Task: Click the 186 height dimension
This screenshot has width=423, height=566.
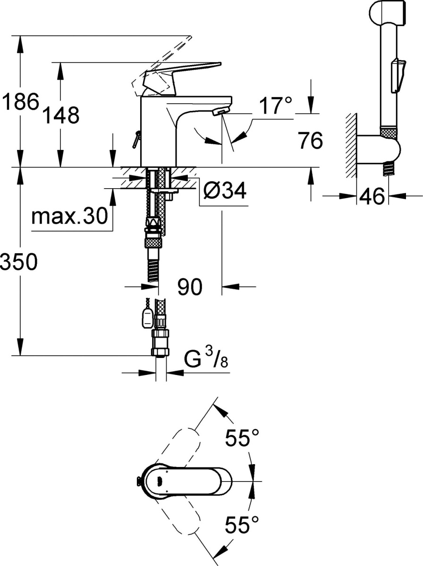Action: [x=21, y=101]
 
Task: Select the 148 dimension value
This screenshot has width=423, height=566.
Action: [x=60, y=115]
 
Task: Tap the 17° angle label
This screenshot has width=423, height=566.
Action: [x=276, y=105]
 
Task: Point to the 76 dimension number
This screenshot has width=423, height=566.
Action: [x=310, y=140]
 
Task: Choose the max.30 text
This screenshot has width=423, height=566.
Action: [x=69, y=216]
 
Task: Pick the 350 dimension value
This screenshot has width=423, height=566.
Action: [x=19, y=262]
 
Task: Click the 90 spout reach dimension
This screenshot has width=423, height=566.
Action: [x=190, y=287]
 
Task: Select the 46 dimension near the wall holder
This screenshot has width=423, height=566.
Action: [x=372, y=196]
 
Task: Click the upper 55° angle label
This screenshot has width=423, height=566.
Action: [x=242, y=438]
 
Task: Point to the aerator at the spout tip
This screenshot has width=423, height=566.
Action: [x=220, y=111]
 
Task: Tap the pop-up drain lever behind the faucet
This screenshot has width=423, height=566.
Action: [x=136, y=139]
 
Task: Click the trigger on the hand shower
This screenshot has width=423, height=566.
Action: [x=398, y=76]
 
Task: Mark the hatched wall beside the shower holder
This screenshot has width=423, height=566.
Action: [x=351, y=145]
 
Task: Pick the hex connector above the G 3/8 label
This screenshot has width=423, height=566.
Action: [x=161, y=343]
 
